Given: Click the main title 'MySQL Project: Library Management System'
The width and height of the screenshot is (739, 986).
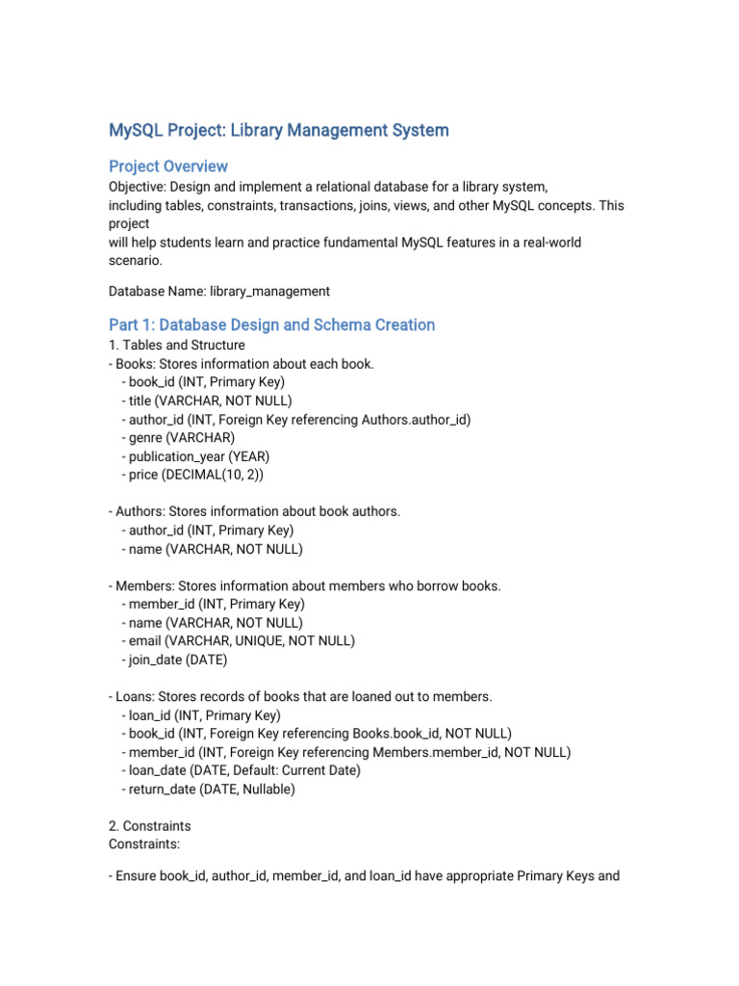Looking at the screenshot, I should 278,129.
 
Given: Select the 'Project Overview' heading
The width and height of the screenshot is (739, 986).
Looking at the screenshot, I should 168,166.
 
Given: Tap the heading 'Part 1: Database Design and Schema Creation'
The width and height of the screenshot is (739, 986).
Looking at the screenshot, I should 271,324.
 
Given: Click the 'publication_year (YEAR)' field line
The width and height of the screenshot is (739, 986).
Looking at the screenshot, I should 198,456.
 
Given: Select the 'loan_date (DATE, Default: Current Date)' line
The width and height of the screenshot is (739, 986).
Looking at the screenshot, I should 241,770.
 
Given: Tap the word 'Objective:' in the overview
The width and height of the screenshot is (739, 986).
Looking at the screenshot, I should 140,187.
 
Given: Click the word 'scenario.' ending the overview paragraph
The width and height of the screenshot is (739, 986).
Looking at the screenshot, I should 135,260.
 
